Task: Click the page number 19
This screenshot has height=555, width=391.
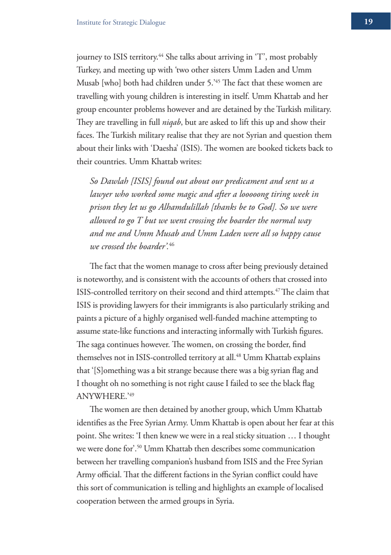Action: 368,21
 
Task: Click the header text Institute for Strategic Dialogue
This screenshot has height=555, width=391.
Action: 121,22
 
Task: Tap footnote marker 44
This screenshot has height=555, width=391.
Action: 161,55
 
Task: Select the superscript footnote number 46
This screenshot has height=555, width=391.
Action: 172,244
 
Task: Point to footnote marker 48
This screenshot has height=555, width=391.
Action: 238,355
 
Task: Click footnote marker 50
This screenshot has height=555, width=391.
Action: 139,446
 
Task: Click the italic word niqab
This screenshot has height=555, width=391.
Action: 172,122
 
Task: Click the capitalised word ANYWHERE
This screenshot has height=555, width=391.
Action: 102,396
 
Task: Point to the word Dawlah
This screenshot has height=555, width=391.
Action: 114,181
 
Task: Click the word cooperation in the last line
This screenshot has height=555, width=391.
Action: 96,501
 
